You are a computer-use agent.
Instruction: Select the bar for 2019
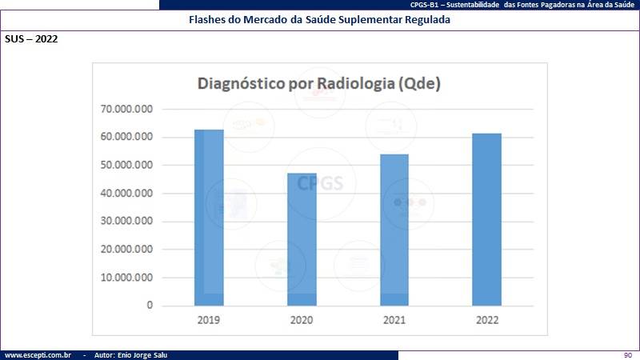209,218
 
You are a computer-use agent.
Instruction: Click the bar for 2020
302,239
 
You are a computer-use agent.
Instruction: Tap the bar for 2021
394,230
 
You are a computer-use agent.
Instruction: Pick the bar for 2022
487,219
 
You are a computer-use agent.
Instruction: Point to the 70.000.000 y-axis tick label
126,109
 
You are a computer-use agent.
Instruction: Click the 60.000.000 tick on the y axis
126,137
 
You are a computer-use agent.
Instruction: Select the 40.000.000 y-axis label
126,193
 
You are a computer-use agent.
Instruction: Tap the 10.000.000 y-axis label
126,278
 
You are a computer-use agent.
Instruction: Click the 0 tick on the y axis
150,306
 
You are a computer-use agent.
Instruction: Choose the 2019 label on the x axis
209,320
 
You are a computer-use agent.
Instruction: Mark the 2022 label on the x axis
487,320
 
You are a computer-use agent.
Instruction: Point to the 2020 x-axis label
302,320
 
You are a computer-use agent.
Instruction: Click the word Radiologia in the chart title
355,84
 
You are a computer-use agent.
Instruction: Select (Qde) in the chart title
419,84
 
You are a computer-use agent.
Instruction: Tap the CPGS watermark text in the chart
320,183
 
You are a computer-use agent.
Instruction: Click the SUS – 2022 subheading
31,39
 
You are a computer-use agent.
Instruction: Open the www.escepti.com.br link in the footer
38,355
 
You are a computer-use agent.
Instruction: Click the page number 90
628,355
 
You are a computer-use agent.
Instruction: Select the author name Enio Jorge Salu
142,355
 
